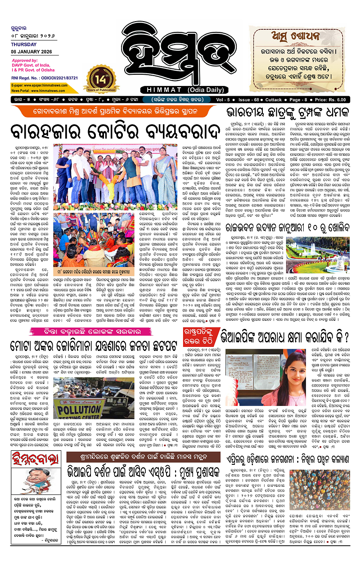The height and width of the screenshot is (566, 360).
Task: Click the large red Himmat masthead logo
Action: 180,43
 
